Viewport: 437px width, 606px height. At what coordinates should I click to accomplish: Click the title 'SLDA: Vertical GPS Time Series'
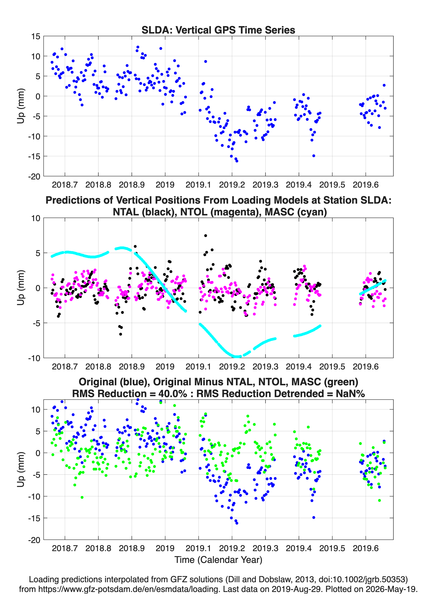pyautogui.click(x=218, y=30)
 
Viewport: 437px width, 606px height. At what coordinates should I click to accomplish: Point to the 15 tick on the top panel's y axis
pyautogui.click(x=36, y=36)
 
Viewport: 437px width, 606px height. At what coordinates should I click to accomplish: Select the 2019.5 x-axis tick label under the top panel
pyautogui.click(x=332, y=185)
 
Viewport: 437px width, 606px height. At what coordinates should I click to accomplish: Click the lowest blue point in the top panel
pyautogui.click(x=237, y=161)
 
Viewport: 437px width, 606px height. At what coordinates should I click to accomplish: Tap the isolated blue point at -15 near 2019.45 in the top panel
pyautogui.click(x=314, y=156)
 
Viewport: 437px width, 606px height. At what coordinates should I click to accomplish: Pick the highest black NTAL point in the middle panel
pyautogui.click(x=206, y=236)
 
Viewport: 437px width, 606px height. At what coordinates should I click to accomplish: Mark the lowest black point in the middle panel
pyautogui.click(x=121, y=334)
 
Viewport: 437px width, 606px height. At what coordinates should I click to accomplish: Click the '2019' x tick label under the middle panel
pyautogui.click(x=165, y=367)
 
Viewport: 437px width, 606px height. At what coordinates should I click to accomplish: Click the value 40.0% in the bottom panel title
pyautogui.click(x=173, y=394)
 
